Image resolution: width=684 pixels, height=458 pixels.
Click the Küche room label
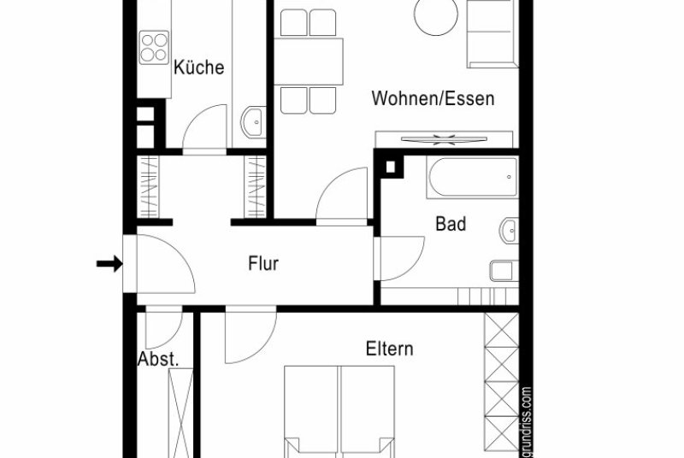click(199, 68)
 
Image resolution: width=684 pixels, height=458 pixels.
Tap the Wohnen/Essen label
click(433, 98)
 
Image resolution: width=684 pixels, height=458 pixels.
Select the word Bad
click(451, 224)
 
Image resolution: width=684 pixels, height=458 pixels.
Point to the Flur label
click(263, 264)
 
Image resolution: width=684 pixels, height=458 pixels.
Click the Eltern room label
click(389, 349)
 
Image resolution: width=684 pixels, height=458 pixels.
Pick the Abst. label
click(158, 360)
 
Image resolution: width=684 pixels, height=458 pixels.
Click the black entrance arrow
click(109, 264)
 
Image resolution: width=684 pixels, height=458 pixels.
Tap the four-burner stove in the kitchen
click(154, 48)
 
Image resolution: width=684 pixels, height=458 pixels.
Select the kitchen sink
click(253, 122)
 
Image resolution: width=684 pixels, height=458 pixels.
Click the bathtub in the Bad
click(474, 178)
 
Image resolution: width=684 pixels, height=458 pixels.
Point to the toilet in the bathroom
click(504, 271)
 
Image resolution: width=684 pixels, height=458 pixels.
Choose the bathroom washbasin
click(509, 230)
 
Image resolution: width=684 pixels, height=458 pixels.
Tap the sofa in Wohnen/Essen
click(493, 33)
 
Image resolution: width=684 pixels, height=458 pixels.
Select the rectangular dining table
click(309, 62)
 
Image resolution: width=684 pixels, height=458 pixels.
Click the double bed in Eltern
click(339, 412)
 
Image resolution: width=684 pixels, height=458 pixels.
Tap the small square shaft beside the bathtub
click(391, 167)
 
